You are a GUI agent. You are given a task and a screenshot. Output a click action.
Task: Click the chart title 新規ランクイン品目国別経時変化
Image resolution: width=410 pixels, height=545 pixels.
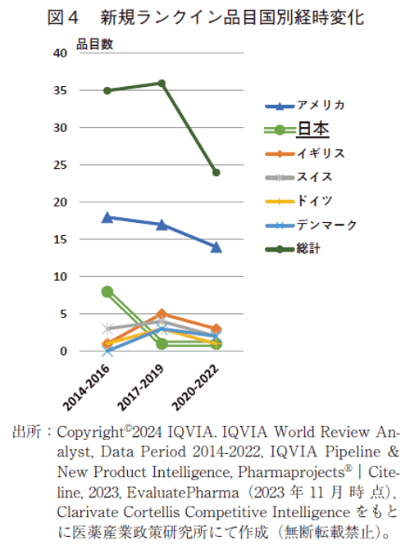click(x=232, y=16)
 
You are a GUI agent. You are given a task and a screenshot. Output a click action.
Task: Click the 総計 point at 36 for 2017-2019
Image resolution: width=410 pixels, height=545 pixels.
click(x=162, y=83)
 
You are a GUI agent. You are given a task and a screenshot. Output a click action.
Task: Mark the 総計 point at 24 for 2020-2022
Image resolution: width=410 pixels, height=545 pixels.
click(x=216, y=172)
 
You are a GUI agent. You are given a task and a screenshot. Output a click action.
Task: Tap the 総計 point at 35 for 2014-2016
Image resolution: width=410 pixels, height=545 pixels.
click(x=107, y=90)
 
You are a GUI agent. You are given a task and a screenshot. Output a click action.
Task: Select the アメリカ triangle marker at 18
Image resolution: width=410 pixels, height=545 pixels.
click(x=107, y=217)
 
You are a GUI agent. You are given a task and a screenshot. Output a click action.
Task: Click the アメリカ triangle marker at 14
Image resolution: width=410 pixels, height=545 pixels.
click(x=216, y=247)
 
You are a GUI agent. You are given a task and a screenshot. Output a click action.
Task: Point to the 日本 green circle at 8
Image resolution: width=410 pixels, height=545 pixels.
click(x=107, y=291)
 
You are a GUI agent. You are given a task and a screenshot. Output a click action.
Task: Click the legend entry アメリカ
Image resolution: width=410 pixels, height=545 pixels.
click(x=320, y=105)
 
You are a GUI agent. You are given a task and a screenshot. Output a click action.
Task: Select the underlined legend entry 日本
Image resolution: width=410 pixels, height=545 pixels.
click(x=312, y=129)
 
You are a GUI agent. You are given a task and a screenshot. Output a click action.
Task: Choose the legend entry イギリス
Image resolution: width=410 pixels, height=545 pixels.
click(x=320, y=153)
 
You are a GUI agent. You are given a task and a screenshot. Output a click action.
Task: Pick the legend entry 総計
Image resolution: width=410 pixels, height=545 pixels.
click(x=308, y=248)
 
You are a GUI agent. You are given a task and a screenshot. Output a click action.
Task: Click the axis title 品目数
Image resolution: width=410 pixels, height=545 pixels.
click(x=96, y=45)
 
